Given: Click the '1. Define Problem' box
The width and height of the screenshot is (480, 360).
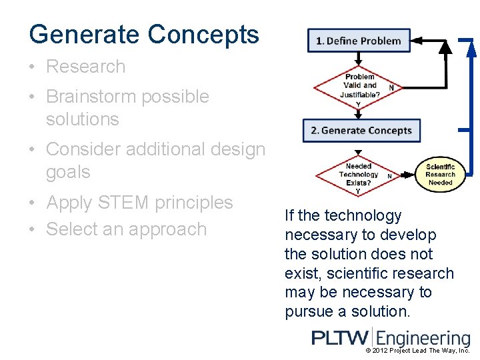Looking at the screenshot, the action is (x=359, y=41).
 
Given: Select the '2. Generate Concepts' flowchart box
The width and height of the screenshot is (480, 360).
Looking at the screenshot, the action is (x=361, y=130).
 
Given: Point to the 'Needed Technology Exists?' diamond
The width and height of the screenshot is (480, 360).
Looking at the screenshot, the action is (x=359, y=175).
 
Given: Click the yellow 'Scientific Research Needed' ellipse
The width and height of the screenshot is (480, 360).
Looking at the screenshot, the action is (x=440, y=175).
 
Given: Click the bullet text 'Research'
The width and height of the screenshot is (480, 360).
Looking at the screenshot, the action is (x=85, y=67).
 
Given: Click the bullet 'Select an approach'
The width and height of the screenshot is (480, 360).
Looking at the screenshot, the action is (x=126, y=229).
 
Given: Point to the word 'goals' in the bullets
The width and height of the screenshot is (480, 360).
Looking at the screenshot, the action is (x=68, y=172).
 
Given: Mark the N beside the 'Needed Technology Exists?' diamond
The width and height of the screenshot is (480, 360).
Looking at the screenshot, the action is (x=389, y=176).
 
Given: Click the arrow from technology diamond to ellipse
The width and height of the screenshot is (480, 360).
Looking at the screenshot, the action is (x=407, y=175).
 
